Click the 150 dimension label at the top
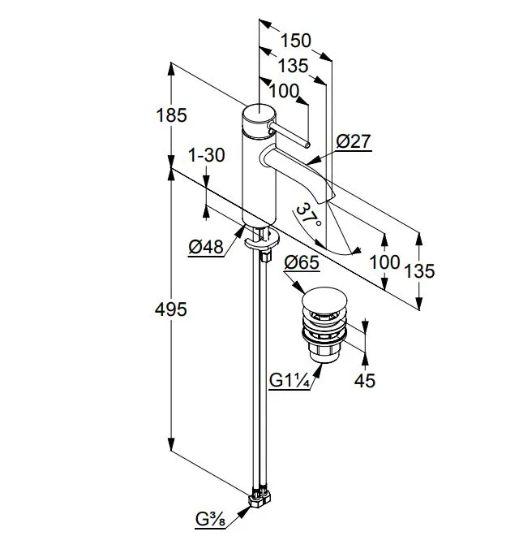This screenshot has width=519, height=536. pos(295,41)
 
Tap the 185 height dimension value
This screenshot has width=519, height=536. pos(171,115)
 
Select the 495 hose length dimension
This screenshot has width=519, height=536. pos(171,309)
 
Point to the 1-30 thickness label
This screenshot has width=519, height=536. pos(207,155)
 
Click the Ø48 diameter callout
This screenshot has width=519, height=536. pos(206,246)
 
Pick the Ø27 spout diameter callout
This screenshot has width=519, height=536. pos(354,141)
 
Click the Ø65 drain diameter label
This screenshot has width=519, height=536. pos(302,262)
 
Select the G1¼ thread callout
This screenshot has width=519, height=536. pos(290,380)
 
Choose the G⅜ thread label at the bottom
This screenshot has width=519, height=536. pos(210,520)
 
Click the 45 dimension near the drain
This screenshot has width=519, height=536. pos(365,380)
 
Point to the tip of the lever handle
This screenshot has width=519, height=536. pos(307,145)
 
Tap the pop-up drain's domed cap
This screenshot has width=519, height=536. pos(324,300)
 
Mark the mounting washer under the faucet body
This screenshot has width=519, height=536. pos(262,240)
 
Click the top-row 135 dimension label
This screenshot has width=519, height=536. pos(293,66)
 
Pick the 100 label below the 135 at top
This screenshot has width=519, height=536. pos(284,91)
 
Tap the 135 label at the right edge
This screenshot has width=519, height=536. pos(419,271)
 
